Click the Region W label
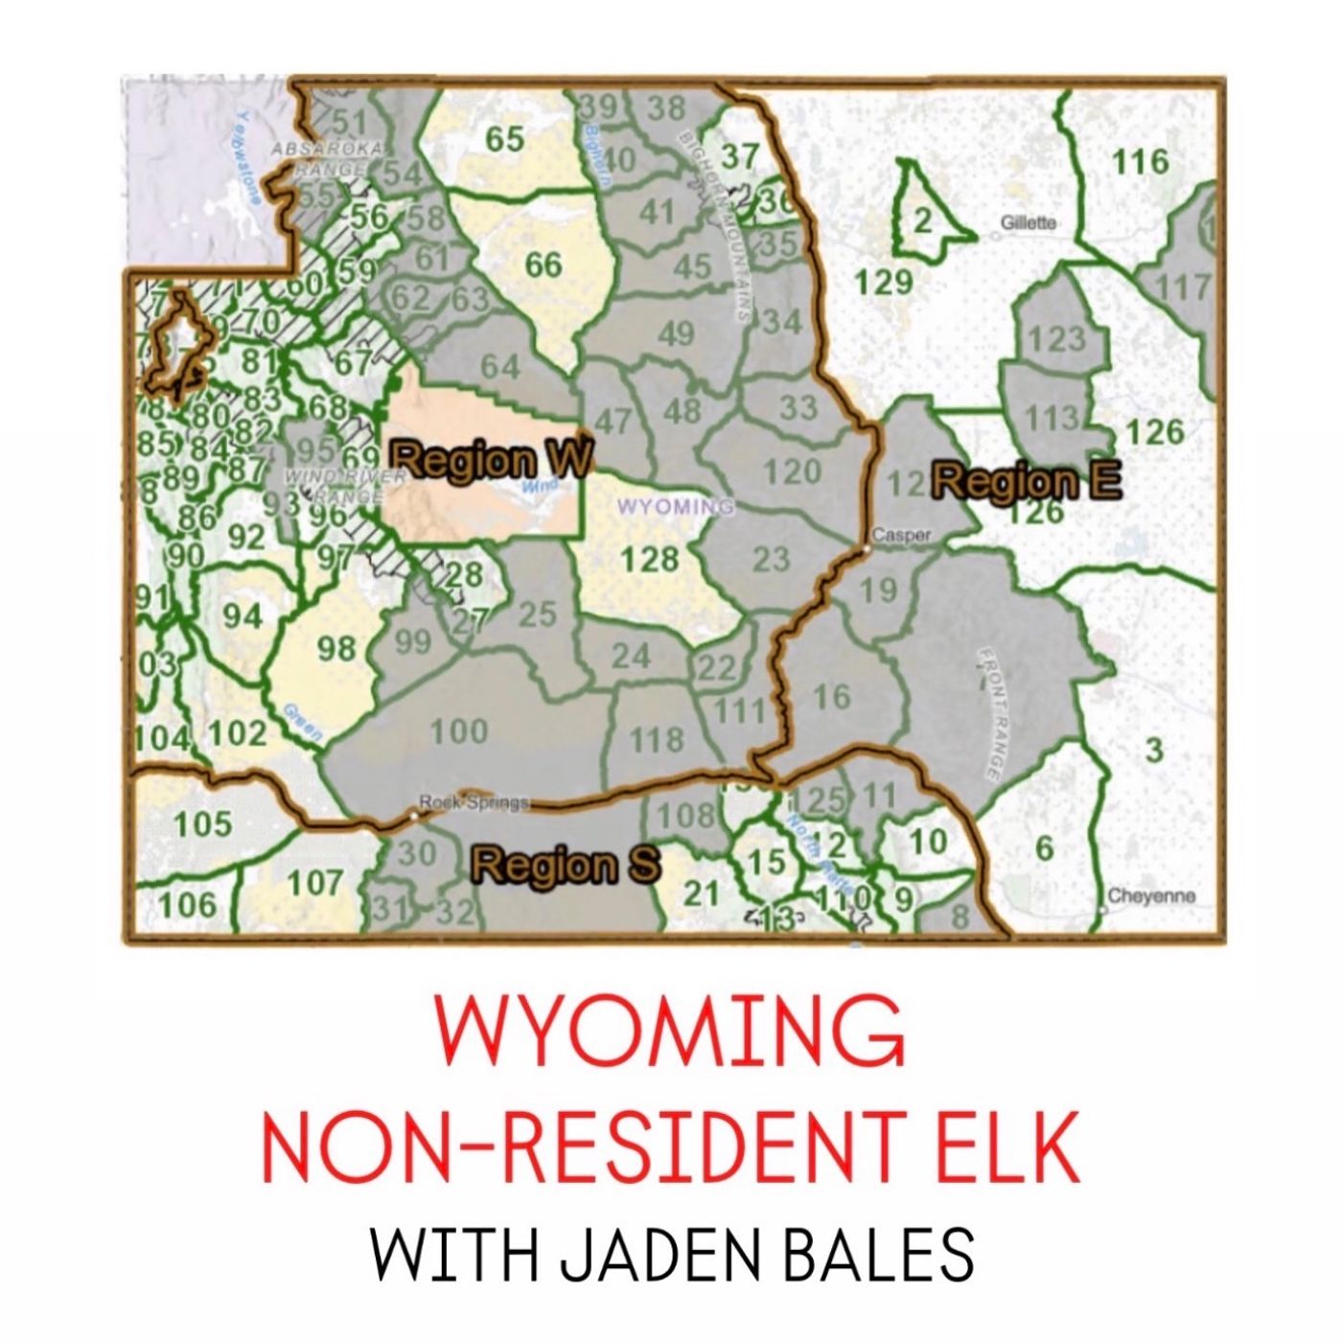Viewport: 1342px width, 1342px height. tap(491, 459)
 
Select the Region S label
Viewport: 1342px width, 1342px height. tap(566, 865)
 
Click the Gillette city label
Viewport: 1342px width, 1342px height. tap(1028, 222)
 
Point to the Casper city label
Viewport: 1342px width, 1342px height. tap(901, 536)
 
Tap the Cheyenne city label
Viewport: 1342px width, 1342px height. tap(1151, 897)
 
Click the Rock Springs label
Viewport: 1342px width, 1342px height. tap(474, 801)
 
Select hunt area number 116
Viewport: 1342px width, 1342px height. tap(1140, 161)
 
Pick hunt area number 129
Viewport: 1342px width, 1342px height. tap(883, 281)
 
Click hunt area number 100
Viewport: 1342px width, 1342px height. tap(458, 731)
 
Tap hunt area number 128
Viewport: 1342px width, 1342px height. tap(649, 558)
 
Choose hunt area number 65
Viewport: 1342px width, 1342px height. tap(504, 138)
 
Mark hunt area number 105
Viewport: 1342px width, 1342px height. tap(202, 822)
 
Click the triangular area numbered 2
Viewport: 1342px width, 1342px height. tap(921, 220)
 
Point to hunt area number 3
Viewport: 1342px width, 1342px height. tap(1153, 750)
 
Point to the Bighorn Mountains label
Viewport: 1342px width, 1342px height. tap(714, 225)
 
